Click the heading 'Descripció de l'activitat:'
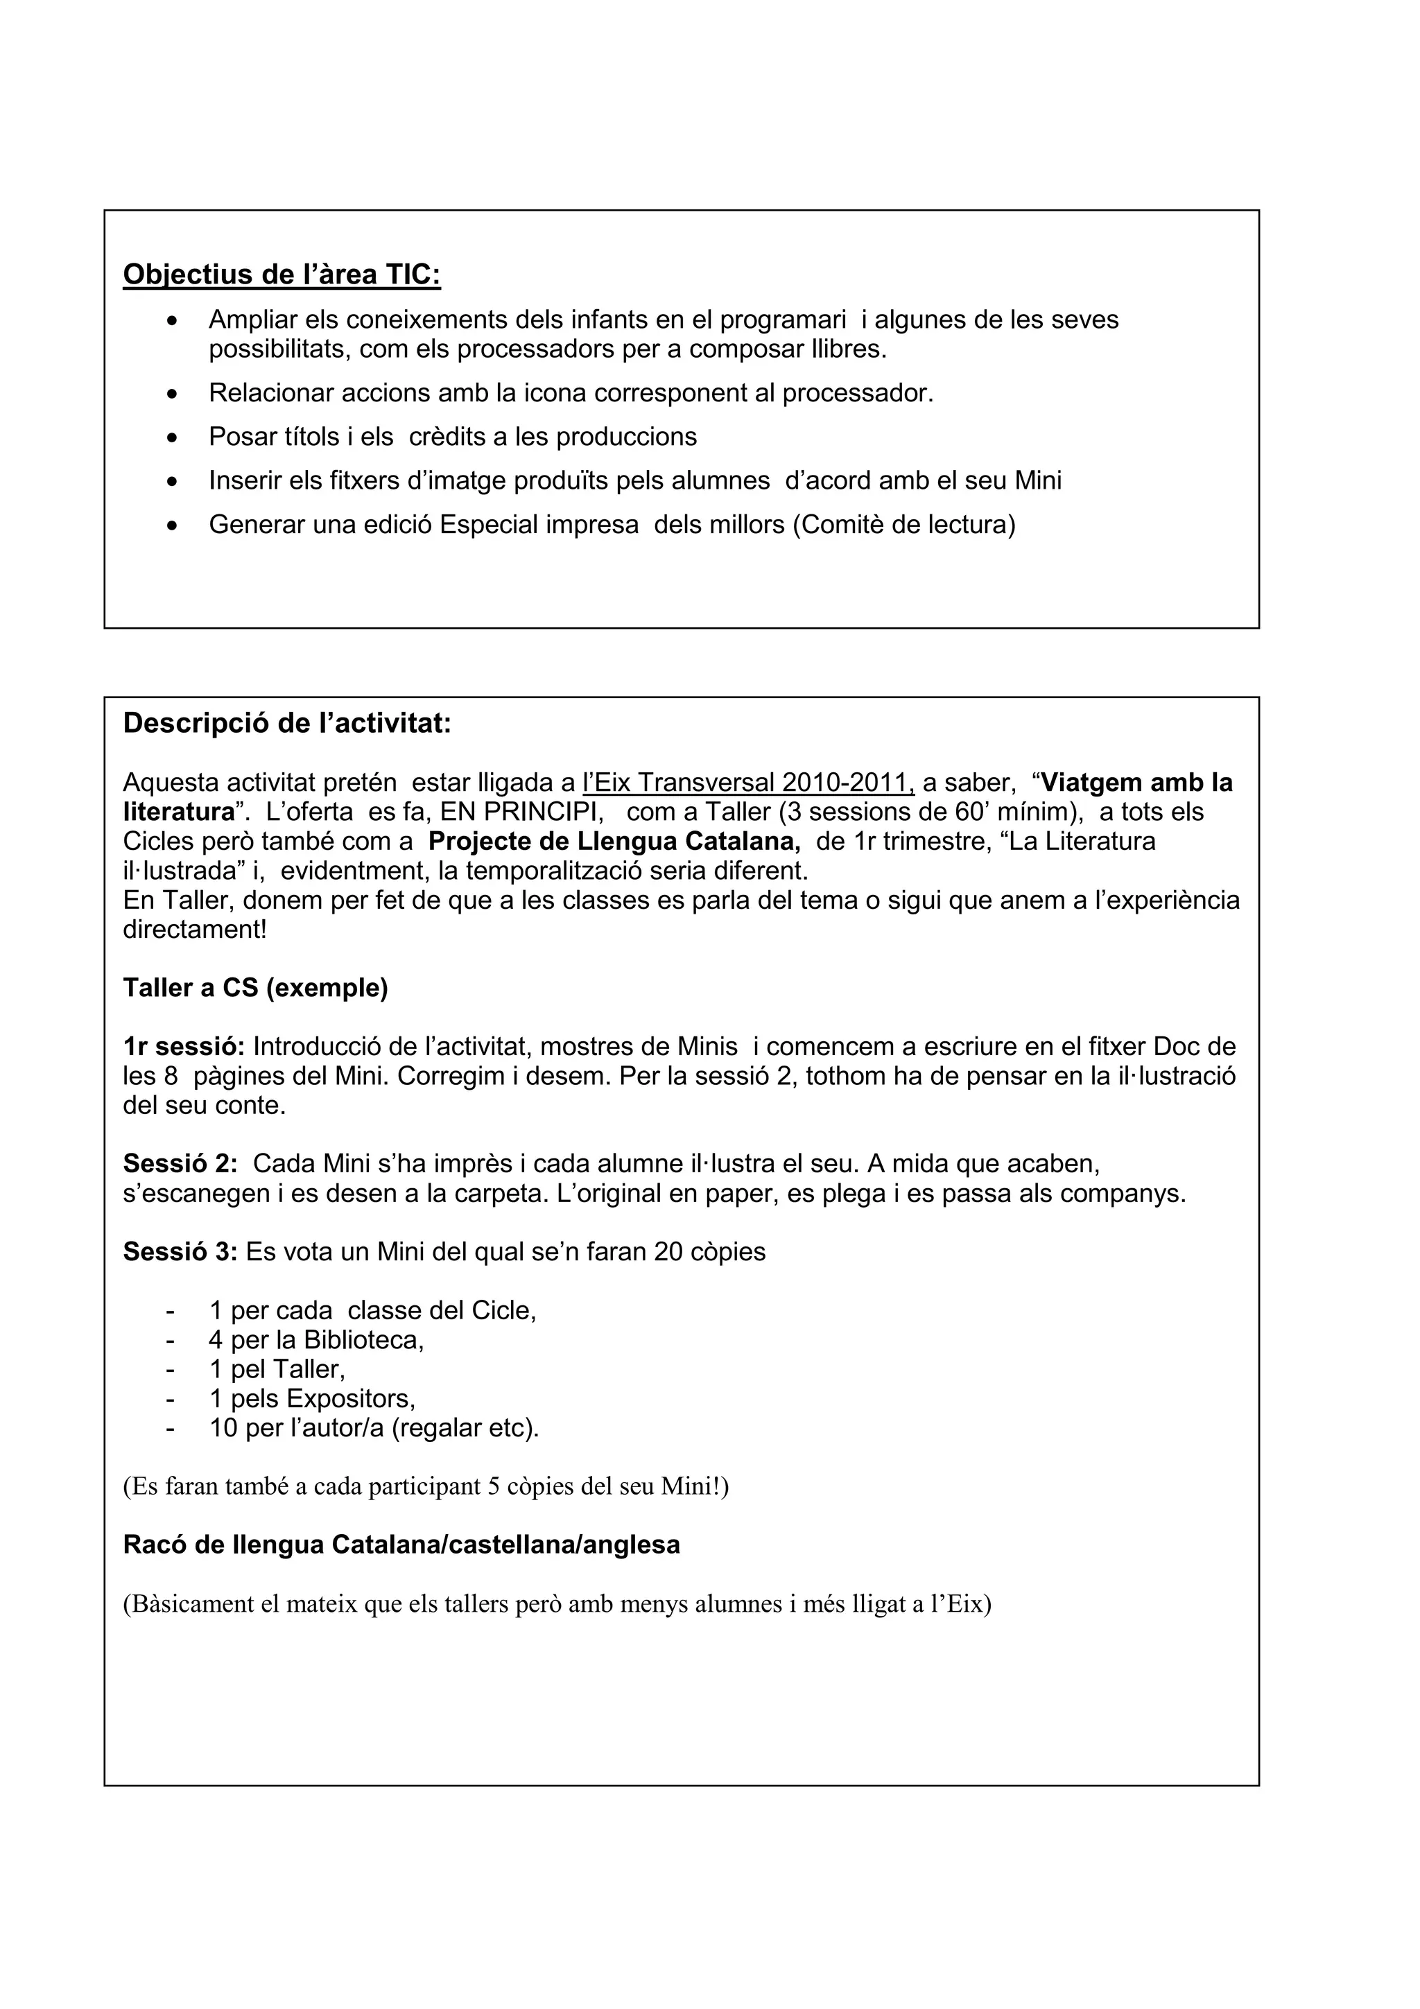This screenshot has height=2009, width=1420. pyautogui.click(x=287, y=724)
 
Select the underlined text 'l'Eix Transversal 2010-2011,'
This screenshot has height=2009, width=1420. pyautogui.click(x=748, y=782)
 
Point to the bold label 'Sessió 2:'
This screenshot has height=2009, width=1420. pyautogui.click(x=180, y=1164)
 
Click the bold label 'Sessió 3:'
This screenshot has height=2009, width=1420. pyautogui.click(x=180, y=1252)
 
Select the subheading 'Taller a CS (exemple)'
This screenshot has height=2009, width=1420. pyautogui.click(x=255, y=988)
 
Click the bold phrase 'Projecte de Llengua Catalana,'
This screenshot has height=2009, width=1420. pyautogui.click(x=614, y=842)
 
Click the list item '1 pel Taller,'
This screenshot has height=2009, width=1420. pyautogui.click(x=277, y=1369)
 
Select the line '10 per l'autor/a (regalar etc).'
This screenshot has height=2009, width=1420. pyautogui.click(x=374, y=1428)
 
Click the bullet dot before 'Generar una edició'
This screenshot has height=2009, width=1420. pyautogui.click(x=173, y=527)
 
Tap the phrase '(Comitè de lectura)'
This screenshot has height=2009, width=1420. pyautogui.click(x=904, y=525)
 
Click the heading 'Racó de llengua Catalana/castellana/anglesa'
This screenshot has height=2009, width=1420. pyautogui.click(x=401, y=1545)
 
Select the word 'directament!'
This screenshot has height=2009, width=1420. pyautogui.click(x=194, y=929)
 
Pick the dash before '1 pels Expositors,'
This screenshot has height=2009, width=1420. pyautogui.click(x=170, y=1398)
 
